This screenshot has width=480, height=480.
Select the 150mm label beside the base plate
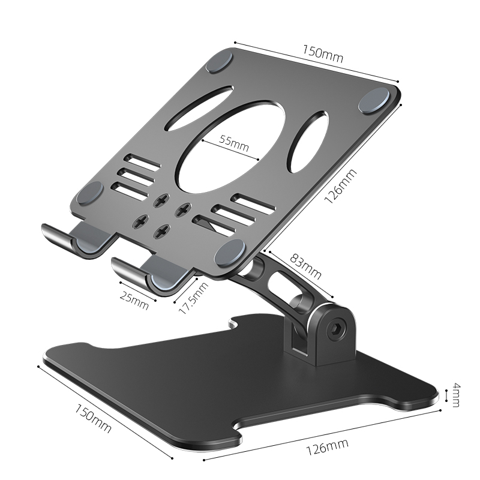pyautogui.click(x=93, y=418)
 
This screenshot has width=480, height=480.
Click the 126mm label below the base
pyautogui.click(x=325, y=445)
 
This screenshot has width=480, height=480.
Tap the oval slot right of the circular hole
pyautogui.click(x=307, y=142)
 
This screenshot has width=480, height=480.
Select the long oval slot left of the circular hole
pyautogui.click(x=199, y=108)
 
